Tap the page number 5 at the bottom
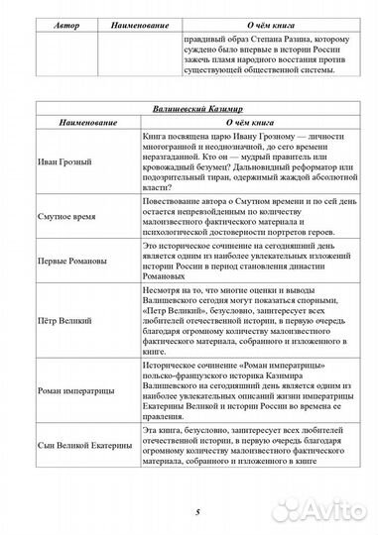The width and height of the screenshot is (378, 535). click(x=189, y=512)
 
